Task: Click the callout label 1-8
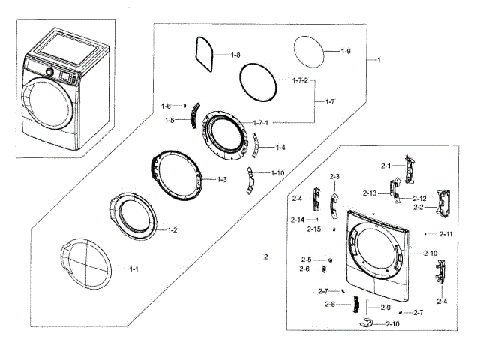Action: (x=235, y=55)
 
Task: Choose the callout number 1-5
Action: (x=170, y=120)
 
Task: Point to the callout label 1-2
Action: (x=172, y=229)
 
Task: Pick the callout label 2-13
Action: (x=369, y=193)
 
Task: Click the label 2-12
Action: (x=419, y=198)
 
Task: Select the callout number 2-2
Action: (x=418, y=207)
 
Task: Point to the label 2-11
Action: (x=445, y=234)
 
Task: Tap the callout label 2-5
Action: (x=306, y=259)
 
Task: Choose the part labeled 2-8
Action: (x=357, y=304)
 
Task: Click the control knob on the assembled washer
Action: (x=49, y=73)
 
